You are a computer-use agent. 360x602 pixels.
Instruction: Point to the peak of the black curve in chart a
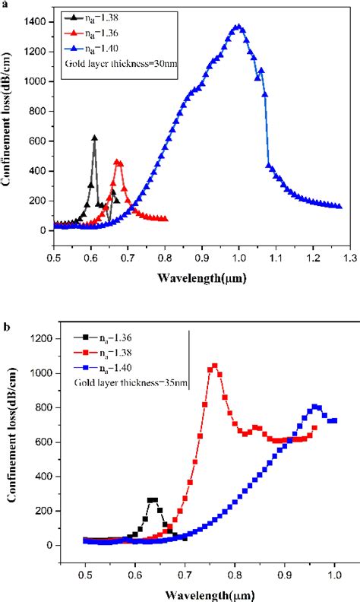tap(94, 138)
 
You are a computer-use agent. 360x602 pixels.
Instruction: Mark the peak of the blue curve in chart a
tap(238, 27)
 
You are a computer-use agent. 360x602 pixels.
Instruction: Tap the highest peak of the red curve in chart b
tap(215, 366)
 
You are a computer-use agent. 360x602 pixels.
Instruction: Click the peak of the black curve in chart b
tap(153, 500)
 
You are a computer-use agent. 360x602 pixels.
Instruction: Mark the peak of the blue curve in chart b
tap(316, 407)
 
